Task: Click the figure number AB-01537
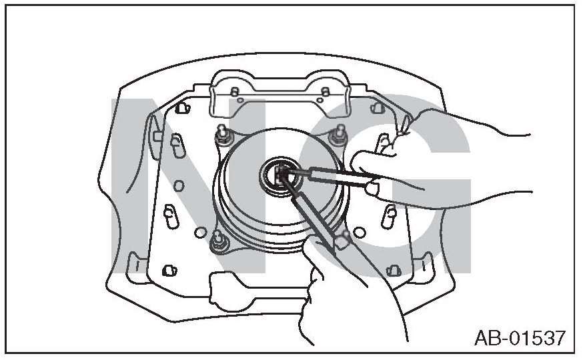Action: click(x=520, y=338)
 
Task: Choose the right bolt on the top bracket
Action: click(x=325, y=91)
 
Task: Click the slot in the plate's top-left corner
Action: click(x=181, y=107)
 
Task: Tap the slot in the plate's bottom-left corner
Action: click(x=168, y=270)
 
